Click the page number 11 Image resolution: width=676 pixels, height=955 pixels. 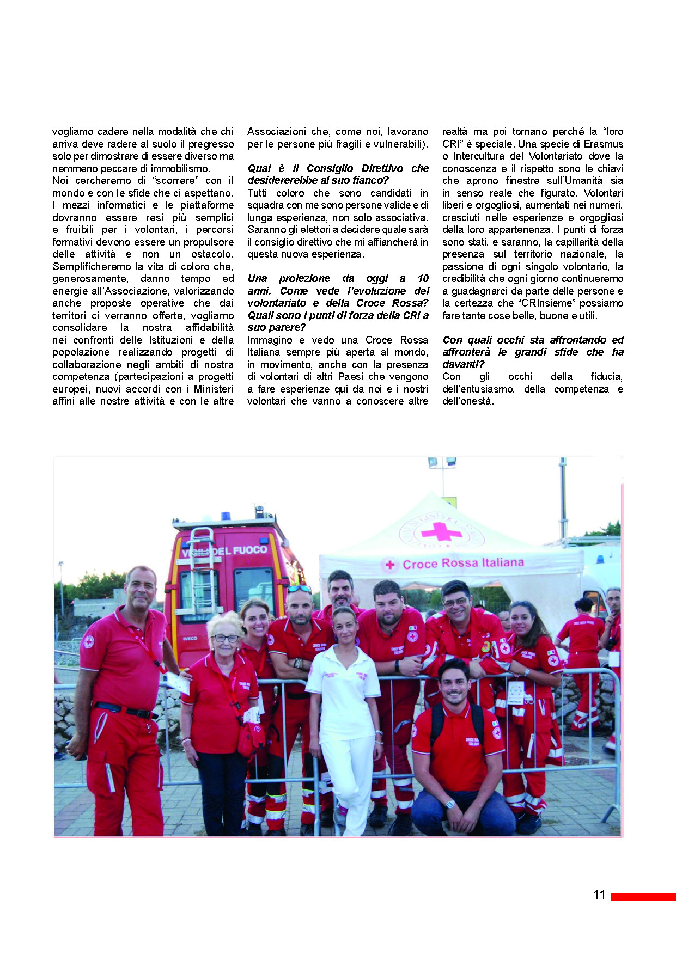pyautogui.click(x=599, y=895)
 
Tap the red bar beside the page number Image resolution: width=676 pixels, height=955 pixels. pyautogui.click(x=643, y=897)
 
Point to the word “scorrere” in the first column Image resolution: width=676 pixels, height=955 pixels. pyautogui.click(x=176, y=181)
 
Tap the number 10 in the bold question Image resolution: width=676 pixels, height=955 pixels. pyautogui.click(x=423, y=279)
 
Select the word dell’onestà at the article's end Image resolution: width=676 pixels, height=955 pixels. pyautogui.click(x=467, y=401)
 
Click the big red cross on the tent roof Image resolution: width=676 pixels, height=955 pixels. pyautogui.click(x=441, y=531)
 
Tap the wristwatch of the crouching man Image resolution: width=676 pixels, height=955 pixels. pyautogui.click(x=449, y=804)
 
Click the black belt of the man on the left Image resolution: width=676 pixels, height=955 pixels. pyautogui.click(x=124, y=709)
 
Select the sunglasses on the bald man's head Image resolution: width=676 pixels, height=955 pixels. pyautogui.click(x=299, y=589)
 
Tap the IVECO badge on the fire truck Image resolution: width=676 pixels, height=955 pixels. pyautogui.click(x=190, y=639)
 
